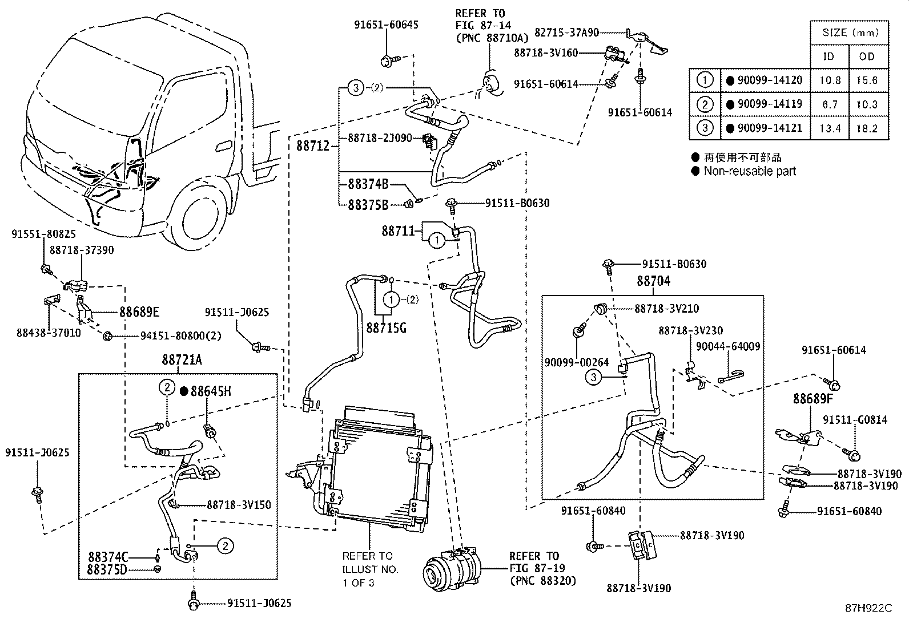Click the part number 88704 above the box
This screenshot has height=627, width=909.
[653, 281]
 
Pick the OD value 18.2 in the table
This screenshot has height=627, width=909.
[866, 128]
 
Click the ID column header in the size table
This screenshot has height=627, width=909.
[828, 56]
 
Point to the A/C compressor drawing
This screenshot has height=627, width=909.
[451, 568]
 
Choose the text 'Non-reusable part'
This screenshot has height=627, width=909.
[749, 171]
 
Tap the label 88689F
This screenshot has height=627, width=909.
[813, 399]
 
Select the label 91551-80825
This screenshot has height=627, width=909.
[43, 234]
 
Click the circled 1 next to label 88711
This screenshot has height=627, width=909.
[437, 241]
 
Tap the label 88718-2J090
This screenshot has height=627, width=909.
[379, 138]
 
